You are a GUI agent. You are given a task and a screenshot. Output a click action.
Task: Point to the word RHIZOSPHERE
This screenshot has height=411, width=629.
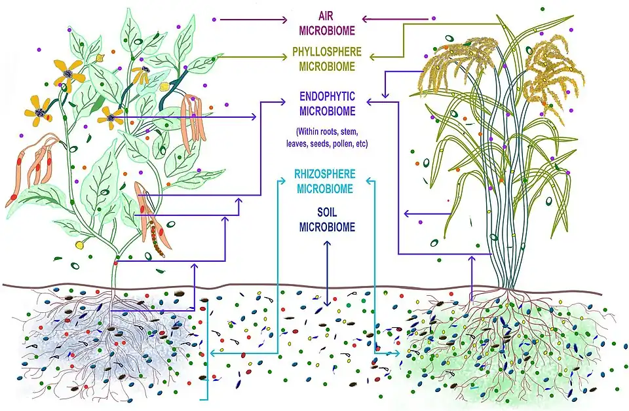click(x=326, y=175)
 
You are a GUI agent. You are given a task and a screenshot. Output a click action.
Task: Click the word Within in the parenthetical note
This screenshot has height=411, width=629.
click(x=311, y=132)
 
